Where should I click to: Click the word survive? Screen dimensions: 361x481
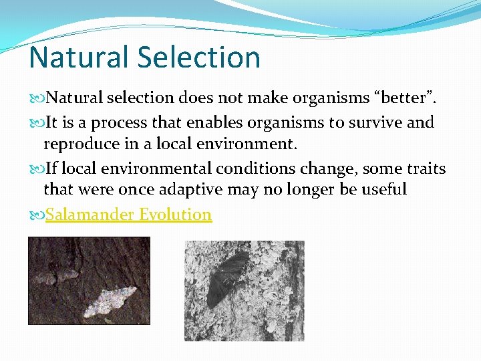pos(373,123)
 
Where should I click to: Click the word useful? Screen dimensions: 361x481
pos(382,190)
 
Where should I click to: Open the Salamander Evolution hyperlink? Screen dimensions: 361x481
pos(128,215)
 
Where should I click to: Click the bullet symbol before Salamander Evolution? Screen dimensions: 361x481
pos(36,215)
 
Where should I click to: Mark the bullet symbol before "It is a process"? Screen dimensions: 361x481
pos(36,124)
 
